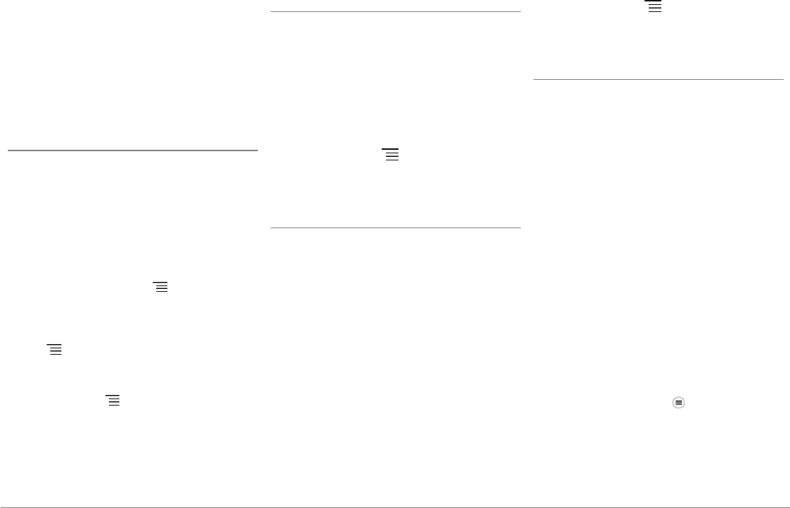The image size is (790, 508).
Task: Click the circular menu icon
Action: point(678,402)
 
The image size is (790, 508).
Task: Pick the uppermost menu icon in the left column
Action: point(160,286)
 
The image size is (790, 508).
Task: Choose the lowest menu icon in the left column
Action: point(113,399)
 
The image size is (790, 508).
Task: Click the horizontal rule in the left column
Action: point(133,150)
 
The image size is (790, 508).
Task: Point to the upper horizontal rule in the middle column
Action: point(396,11)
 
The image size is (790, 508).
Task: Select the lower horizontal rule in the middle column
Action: point(396,228)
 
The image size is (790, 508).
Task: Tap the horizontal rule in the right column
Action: point(658,79)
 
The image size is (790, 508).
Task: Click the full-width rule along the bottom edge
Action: point(395,507)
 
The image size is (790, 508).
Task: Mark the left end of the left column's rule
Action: point(8,150)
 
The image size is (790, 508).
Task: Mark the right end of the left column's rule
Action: point(257,150)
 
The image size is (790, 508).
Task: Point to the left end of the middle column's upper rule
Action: point(271,11)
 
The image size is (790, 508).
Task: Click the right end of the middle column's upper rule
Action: point(520,11)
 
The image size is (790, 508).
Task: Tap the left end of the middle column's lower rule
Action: point(271,228)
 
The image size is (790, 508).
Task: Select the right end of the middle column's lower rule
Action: point(520,228)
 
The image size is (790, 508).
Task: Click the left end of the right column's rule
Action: point(534,79)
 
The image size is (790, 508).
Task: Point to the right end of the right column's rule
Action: point(783,79)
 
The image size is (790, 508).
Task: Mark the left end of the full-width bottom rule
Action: point(1,507)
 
